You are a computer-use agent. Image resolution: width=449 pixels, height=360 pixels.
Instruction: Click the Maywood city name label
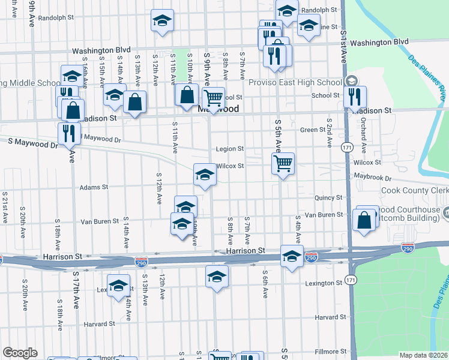pos(218,109)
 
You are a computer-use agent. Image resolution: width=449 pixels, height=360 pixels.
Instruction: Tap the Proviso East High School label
pos(295,82)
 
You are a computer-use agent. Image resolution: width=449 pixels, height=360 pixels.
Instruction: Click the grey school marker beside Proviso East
pos(351,82)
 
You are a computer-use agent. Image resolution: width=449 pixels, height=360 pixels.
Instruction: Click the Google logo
pos(20,353)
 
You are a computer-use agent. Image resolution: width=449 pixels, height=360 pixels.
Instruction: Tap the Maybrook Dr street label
pos(372,178)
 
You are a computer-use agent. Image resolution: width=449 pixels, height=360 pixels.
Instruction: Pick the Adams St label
pos(94,187)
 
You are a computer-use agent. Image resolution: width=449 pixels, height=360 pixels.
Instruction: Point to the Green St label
pos(312,130)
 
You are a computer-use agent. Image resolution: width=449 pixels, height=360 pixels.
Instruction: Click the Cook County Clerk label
pos(415,191)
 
